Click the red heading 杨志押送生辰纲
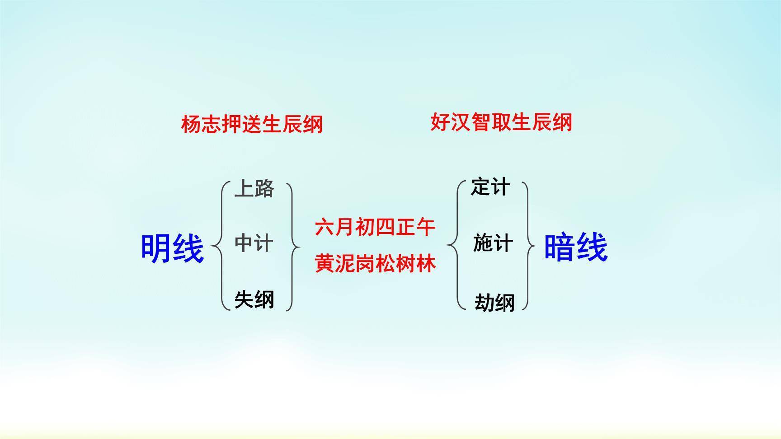coord(252,124)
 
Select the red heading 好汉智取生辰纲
coord(501,122)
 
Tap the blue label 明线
coord(172,248)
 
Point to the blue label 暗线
coord(575,247)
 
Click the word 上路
coord(254,188)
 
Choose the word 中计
coord(254,243)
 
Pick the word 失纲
coord(254,299)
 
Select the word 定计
coord(490,187)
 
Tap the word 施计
coord(493,243)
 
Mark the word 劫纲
coord(494,302)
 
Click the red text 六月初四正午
coord(375,227)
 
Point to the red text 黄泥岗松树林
coord(375,263)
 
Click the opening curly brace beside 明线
coord(219,247)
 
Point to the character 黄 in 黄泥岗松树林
coord(325,263)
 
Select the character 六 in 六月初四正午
coord(325,227)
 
